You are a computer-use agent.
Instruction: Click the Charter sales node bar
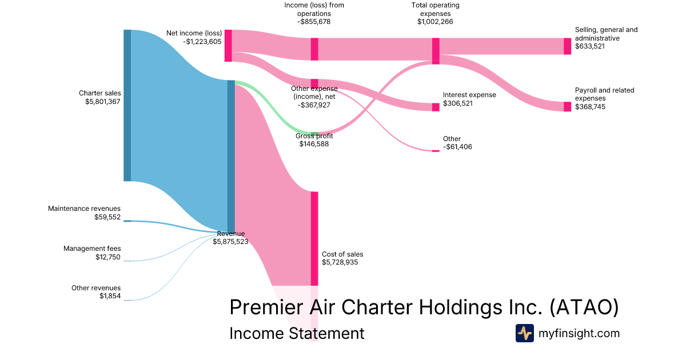click(127, 105)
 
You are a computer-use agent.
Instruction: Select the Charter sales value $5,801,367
click(100, 101)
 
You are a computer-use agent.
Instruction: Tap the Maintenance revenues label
click(84, 209)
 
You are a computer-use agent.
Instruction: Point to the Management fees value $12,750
click(108, 257)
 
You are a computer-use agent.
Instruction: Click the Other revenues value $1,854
click(110, 296)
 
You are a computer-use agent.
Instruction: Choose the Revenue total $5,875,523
click(230, 242)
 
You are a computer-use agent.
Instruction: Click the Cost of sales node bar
click(314, 238)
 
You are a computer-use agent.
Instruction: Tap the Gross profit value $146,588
click(314, 144)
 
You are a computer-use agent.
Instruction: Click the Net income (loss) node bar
click(228, 45)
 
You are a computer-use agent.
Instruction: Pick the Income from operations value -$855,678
click(314, 22)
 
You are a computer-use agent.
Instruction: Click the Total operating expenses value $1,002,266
click(436, 22)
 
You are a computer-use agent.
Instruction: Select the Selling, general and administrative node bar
click(567, 46)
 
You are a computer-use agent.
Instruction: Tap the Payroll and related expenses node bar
click(567, 107)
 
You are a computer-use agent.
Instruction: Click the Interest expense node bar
click(436, 107)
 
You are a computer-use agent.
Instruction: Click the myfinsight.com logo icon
click(524, 333)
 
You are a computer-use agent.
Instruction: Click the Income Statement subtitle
click(297, 333)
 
